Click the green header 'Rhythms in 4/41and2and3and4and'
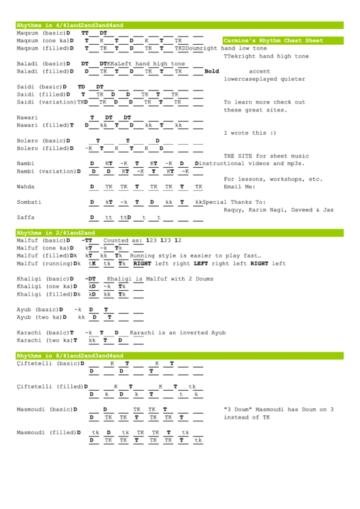pos(69,25)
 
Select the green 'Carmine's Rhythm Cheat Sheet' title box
pos(273,41)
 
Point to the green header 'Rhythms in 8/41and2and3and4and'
pos(69,355)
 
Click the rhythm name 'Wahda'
pos(26,186)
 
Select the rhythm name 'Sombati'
pos(29,202)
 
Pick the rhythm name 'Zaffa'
pos(26,217)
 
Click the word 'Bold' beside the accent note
pos(212,71)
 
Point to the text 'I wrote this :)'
pos(249,133)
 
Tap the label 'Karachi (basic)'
pos(39,332)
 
